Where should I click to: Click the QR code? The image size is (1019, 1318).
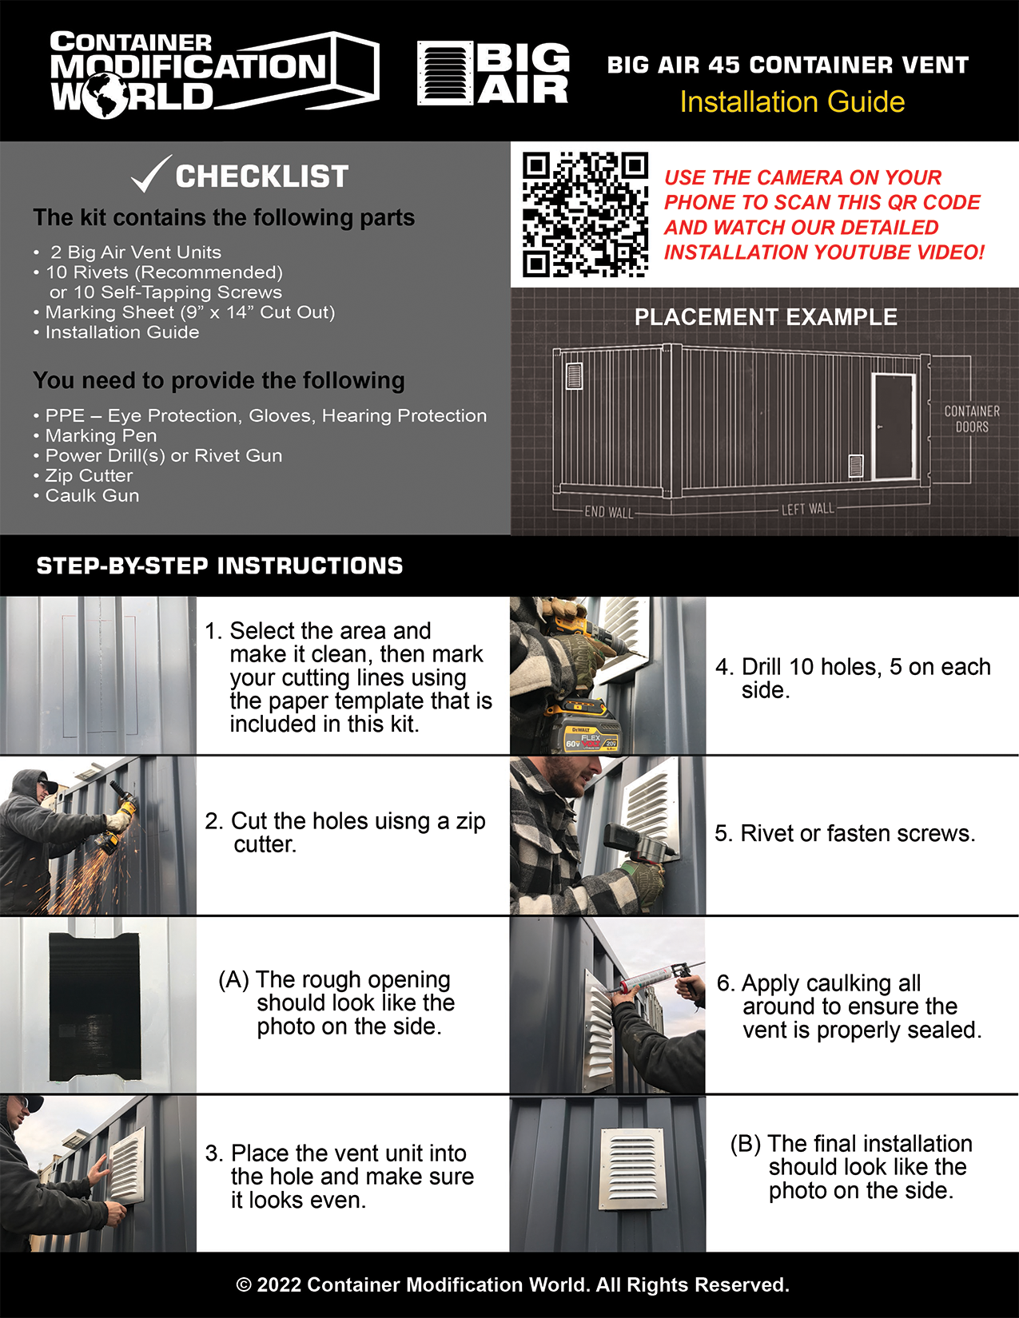click(585, 214)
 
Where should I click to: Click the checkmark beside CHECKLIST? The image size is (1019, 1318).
click(150, 174)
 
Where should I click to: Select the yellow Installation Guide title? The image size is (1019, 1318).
click(792, 102)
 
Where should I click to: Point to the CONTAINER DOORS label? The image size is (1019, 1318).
click(971, 419)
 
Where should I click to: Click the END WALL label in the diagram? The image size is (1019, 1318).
click(608, 512)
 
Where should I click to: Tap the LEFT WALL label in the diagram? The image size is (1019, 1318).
click(807, 509)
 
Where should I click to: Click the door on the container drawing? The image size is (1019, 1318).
click(894, 427)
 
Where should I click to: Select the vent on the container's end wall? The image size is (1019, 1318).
click(574, 375)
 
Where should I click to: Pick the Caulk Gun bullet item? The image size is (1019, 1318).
click(92, 495)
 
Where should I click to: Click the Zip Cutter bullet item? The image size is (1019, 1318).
click(89, 475)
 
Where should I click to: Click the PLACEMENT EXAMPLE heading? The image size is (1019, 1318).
click(766, 317)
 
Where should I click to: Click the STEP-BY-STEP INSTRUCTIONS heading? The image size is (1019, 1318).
click(220, 566)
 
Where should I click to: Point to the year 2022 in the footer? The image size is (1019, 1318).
click(279, 1284)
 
